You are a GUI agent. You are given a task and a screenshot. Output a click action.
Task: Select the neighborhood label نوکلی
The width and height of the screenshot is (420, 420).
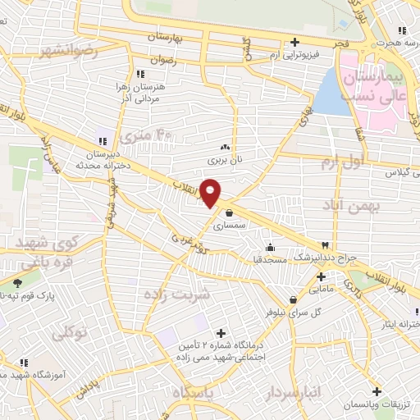70,333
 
